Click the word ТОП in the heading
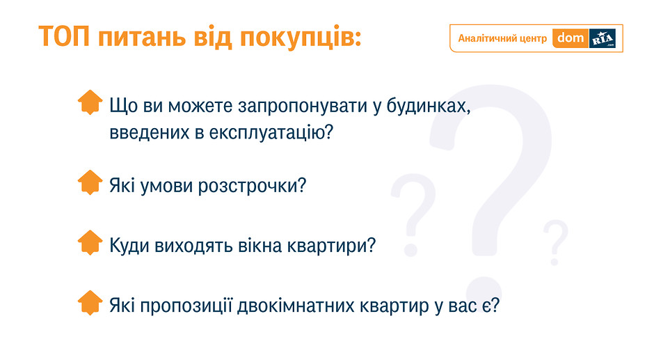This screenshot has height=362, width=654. tap(64, 36)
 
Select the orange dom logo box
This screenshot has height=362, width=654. tap(571, 38)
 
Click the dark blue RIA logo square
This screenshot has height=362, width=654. tap(603, 38)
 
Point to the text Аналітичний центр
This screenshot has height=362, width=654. tap(502, 38)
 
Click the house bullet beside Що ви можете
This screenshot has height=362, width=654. tap(90, 102)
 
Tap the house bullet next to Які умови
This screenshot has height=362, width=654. tap(90, 182)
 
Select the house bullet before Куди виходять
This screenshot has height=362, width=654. tap(90, 242)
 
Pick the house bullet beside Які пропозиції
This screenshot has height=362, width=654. tap(90, 303)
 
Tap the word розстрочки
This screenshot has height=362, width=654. tap(252, 186)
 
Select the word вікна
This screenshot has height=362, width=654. tap(260, 246)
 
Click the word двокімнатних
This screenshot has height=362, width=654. tap(296, 306)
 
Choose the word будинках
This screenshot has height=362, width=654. tap(429, 106)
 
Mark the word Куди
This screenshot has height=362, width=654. tap(129, 246)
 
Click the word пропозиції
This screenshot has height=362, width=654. tap(186, 306)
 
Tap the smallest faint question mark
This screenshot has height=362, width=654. tap(555, 242)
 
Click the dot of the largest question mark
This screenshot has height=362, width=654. tap(484, 294)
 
